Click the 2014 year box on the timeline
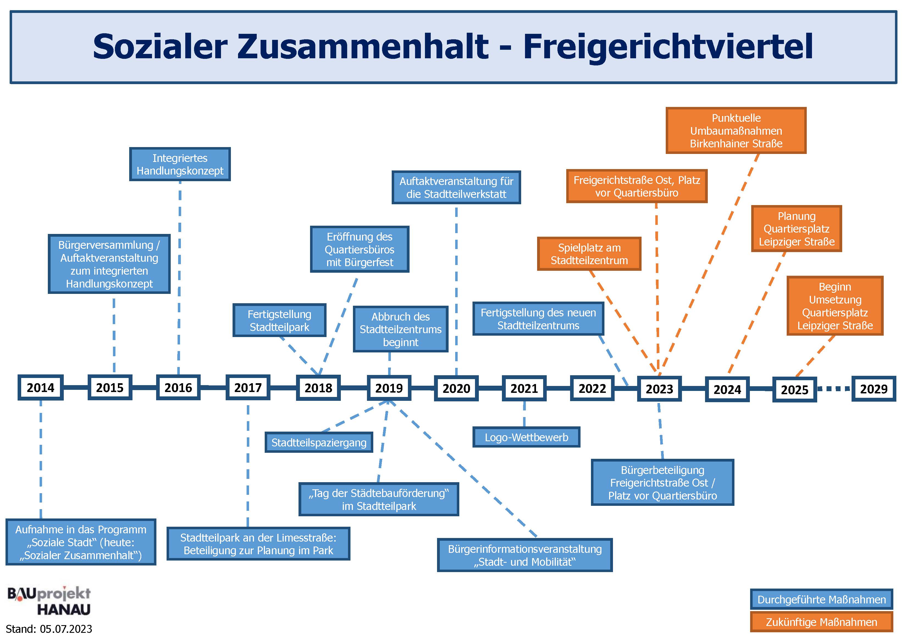click(x=40, y=387)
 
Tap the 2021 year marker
click(x=524, y=388)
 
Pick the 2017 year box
click(x=248, y=387)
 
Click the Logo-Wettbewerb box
click(x=526, y=437)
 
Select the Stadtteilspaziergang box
click(x=319, y=442)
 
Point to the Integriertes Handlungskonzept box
click(x=180, y=164)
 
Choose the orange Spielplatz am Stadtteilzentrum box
click(x=589, y=254)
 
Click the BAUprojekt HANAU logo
click(x=49, y=601)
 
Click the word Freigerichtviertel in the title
click(x=668, y=46)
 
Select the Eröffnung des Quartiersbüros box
click(x=360, y=249)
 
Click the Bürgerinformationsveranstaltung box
click(x=524, y=555)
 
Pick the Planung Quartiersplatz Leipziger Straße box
click(x=796, y=228)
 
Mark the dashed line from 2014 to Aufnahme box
click(x=41, y=459)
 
